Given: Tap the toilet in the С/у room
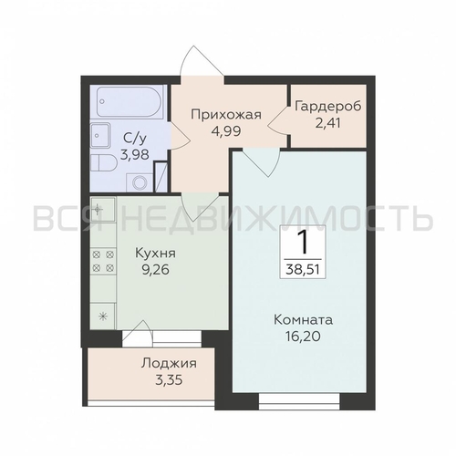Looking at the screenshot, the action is (104, 164).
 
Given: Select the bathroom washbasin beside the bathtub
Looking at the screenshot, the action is (100, 135).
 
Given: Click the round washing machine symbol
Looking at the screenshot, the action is (140, 182).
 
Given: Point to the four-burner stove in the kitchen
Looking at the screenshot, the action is (103, 261).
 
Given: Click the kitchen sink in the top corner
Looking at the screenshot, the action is (103, 209).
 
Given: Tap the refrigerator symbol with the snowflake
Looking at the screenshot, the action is (103, 316).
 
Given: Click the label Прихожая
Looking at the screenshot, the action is (226, 116).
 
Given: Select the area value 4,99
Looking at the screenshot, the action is (226, 131).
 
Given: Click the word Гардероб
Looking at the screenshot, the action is (328, 107).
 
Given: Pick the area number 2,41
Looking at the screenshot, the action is (328, 123).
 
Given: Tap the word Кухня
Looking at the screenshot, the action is (156, 254).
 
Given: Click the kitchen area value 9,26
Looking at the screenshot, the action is (156, 270).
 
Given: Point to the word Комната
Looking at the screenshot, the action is (303, 320).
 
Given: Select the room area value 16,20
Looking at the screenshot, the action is (303, 337).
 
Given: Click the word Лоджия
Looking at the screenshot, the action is (169, 364).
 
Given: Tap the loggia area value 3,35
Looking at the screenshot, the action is (169, 380).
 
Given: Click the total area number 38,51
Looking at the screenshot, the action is (303, 270).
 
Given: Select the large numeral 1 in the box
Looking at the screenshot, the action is (303, 243).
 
